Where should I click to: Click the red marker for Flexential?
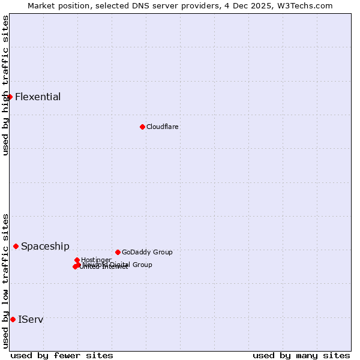click(10, 97)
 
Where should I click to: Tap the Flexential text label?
click(38, 97)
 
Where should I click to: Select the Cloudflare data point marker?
click(142, 127)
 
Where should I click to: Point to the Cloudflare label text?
click(163, 127)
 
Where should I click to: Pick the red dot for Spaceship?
click(16, 246)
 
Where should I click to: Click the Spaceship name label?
click(45, 247)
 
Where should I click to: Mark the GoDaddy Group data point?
click(118, 252)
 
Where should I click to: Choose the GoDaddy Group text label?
click(147, 252)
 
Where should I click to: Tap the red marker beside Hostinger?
click(77, 260)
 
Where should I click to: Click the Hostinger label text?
click(96, 260)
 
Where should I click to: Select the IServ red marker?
click(13, 319)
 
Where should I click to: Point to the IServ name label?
click(31, 320)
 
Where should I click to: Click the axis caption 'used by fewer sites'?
click(62, 355)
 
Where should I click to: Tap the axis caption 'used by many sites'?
click(301, 355)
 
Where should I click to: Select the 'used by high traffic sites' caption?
click(5, 85)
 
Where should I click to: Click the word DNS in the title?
click(139, 5)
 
